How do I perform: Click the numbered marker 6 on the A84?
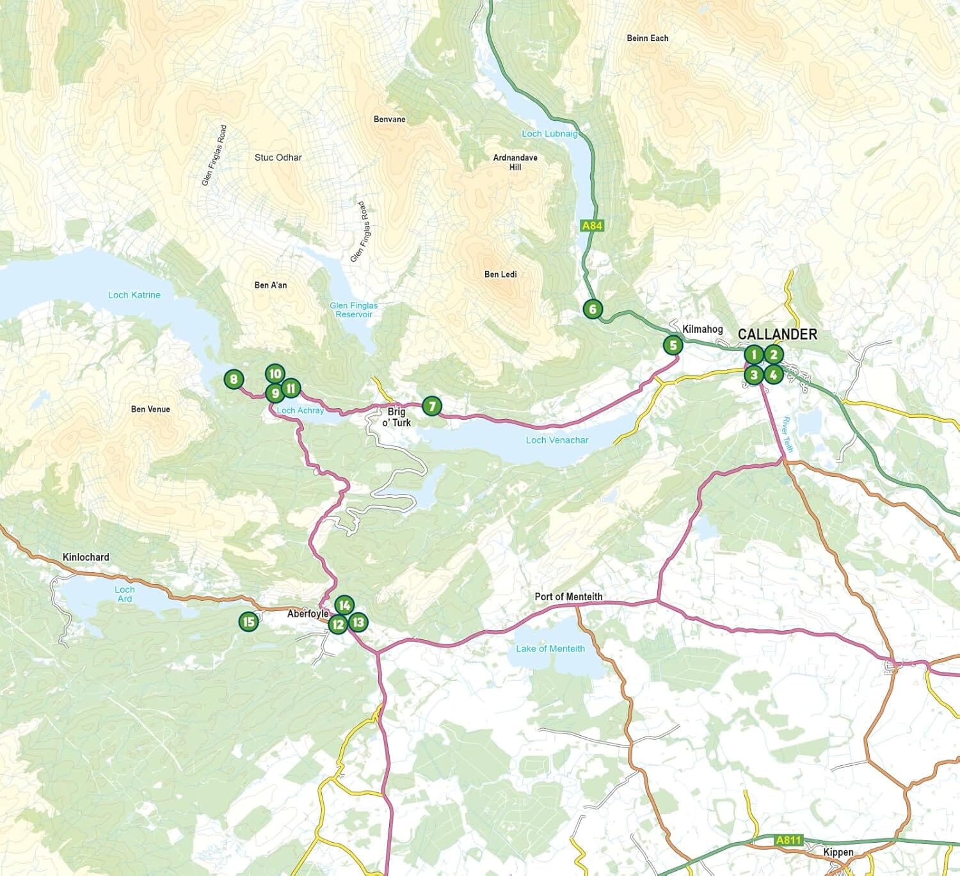coord(593,309)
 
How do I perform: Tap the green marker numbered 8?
coord(234,379)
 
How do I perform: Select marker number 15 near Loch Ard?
coord(248,621)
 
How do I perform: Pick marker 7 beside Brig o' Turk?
coord(432,406)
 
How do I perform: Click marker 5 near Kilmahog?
coord(673,346)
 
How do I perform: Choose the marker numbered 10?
coord(275,374)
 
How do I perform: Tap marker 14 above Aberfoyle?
coord(344,605)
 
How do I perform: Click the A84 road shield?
coord(592,226)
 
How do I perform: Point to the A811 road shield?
coord(788,840)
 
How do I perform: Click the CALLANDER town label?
coord(777,334)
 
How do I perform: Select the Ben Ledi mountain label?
coord(500,275)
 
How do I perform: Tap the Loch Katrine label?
coord(134,295)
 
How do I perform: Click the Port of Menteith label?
coord(568,596)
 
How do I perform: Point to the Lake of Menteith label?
coord(550,649)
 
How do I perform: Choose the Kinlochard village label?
coord(86,557)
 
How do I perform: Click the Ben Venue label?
coord(150,410)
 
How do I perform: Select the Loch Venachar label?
coord(557,440)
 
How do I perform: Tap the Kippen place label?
coord(838,852)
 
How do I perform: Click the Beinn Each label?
coord(647,38)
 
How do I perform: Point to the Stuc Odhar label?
coord(278,157)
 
